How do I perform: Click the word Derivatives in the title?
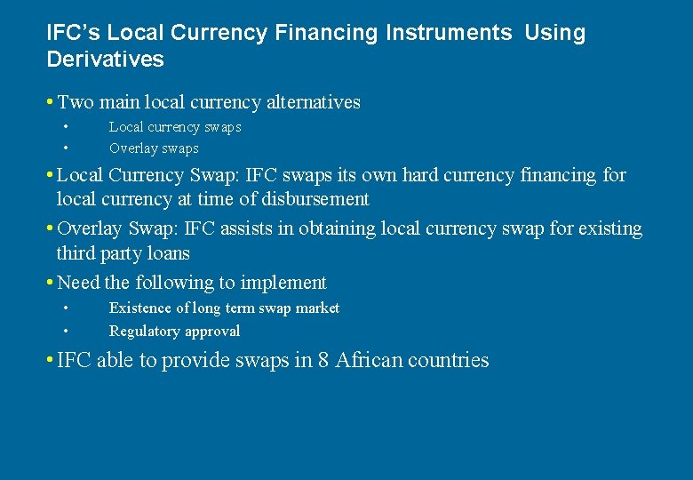(x=105, y=60)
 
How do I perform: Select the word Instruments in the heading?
(x=449, y=33)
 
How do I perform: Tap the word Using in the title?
(x=555, y=33)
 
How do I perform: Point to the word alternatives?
(x=308, y=102)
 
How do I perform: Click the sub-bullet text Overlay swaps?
(x=154, y=148)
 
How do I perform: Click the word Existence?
(x=139, y=308)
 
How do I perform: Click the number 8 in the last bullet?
(x=323, y=360)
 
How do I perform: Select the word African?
(x=367, y=360)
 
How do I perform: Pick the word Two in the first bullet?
(x=76, y=102)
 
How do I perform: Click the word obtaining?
(x=338, y=228)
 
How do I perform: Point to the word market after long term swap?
(x=317, y=308)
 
